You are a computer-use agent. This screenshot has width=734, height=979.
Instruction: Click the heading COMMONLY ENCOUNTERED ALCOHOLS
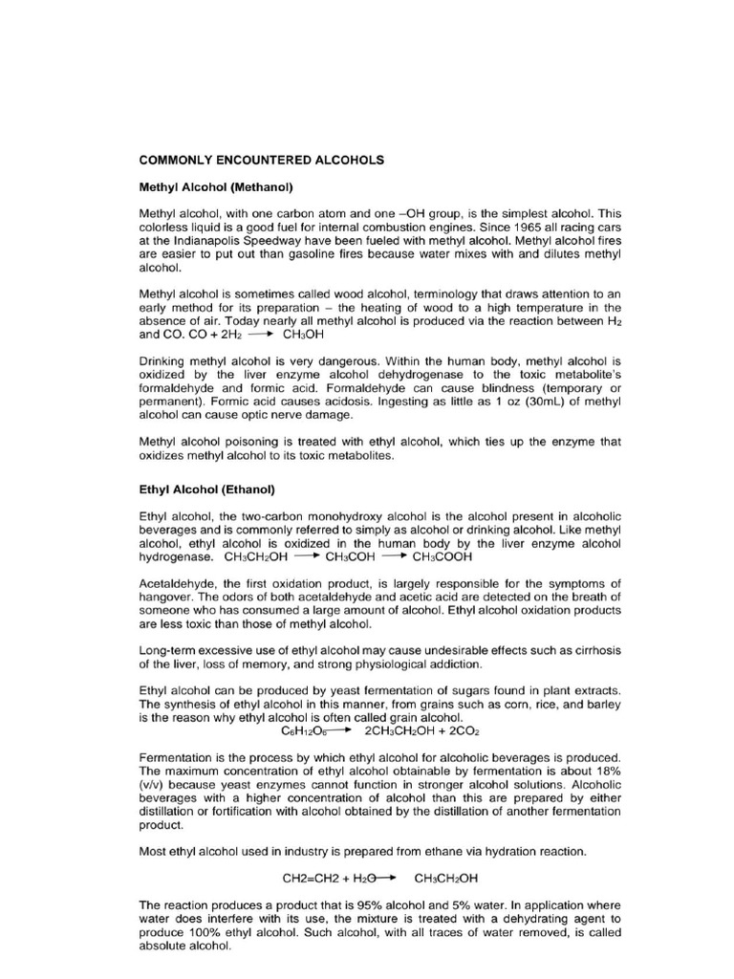point(261,161)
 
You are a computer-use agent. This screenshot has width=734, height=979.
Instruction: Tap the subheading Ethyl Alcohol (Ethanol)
point(206,489)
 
